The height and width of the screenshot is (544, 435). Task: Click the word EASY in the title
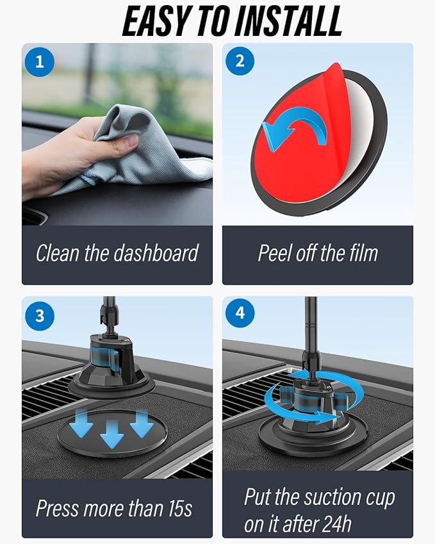[x=157, y=21]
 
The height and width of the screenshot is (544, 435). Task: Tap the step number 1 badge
[x=40, y=62]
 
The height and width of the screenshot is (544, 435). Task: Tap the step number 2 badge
[x=240, y=62]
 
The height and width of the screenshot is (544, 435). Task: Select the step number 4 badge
[x=240, y=315]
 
